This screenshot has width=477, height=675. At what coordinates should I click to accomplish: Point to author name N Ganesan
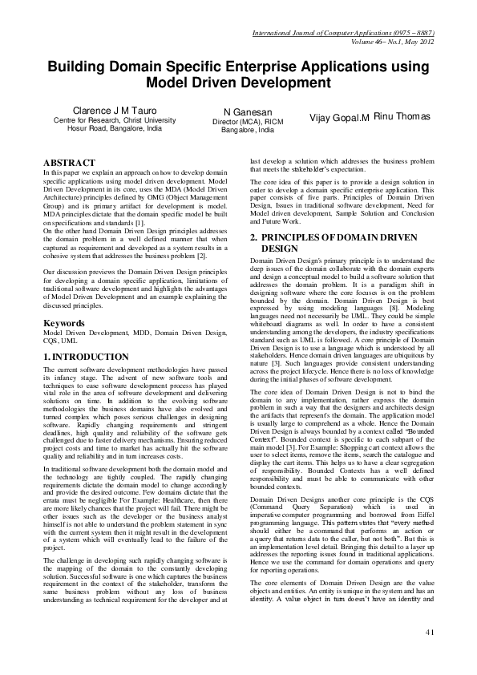(x=248, y=111)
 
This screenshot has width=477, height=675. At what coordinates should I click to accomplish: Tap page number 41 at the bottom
(x=430, y=655)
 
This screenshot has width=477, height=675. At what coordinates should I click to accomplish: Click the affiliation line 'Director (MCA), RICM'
(x=249, y=121)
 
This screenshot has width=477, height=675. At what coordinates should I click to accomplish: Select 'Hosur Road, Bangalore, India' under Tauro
(x=115, y=128)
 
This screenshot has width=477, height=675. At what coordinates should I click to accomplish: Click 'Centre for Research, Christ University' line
(x=115, y=119)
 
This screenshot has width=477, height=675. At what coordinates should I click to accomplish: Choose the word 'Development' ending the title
(x=286, y=83)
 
